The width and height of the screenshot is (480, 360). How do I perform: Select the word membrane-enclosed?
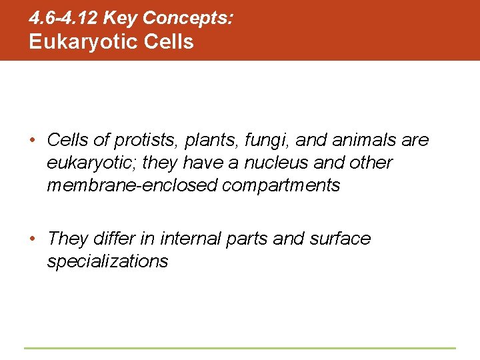tap(131, 185)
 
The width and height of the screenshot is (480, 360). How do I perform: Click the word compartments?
tap(281, 185)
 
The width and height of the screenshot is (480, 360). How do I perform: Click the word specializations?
tap(107, 261)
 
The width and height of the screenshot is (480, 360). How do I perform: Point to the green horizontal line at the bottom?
tap(240, 348)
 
